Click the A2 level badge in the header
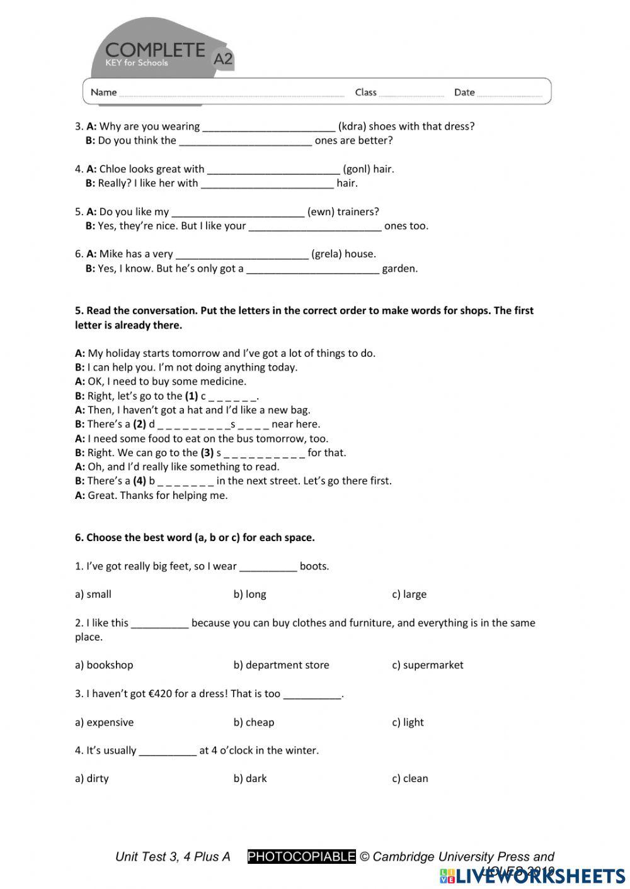click(x=223, y=59)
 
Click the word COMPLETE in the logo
click(x=155, y=50)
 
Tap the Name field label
click(x=103, y=92)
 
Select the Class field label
click(x=365, y=92)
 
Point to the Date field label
click(x=464, y=92)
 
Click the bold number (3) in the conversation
click(x=207, y=453)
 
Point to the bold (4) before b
click(x=139, y=481)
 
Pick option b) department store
click(x=281, y=665)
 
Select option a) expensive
click(x=104, y=722)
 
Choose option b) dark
click(x=250, y=778)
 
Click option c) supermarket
click(x=427, y=665)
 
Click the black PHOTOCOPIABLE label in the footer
click(x=301, y=856)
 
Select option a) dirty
click(x=91, y=778)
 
